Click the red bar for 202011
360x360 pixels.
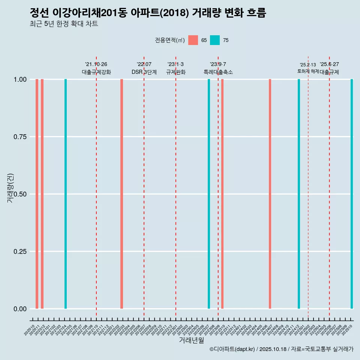pyautogui.click(x=37, y=194)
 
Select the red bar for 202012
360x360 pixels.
pyautogui.click(x=42, y=194)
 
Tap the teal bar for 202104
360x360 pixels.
pyautogui.click(x=66, y=194)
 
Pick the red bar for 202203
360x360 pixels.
pyautogui.click(x=121, y=194)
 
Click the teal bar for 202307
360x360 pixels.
pyautogui.click(x=209, y=194)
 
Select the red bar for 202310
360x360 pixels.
pyautogui.click(x=222, y=194)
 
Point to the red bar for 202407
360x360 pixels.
pyautogui.click(x=270, y=194)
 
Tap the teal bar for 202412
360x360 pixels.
pyautogui.click(x=299, y=194)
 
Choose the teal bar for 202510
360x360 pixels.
pyautogui.click(x=352, y=194)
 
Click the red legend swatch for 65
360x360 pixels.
pyautogui.click(x=193, y=40)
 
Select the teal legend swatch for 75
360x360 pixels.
pyautogui.click(x=215, y=40)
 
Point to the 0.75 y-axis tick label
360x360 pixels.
pyautogui.click(x=20, y=137)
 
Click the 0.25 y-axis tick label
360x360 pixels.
pyautogui.click(x=20, y=252)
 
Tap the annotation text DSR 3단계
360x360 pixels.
pyautogui.click(x=144, y=72)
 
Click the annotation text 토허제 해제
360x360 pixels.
pyautogui.click(x=308, y=71)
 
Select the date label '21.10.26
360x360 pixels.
pyautogui.click(x=96, y=64)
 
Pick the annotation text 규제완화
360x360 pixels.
pyautogui.click(x=176, y=72)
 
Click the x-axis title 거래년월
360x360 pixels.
pyautogui.click(x=191, y=340)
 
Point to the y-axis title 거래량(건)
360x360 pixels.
pyautogui.click(x=10, y=188)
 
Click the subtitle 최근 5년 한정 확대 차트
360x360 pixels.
pyautogui.click(x=64, y=24)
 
